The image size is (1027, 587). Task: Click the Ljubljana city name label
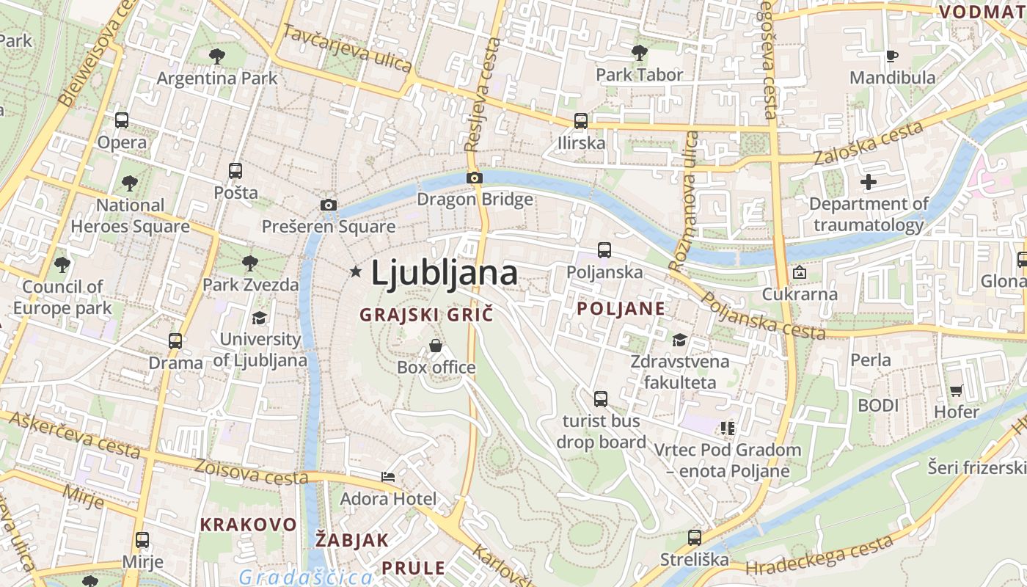445,273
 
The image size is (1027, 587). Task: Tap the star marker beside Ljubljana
356,272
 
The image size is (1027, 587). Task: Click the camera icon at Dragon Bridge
475,178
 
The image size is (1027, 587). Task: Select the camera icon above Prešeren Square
329,205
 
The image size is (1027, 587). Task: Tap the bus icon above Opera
122,120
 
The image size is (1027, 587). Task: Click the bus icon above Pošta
235,170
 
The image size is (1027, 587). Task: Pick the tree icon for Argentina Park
217,56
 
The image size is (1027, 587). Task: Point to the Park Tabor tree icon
639,52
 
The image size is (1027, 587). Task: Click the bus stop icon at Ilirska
581,120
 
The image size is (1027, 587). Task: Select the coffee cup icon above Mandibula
892,56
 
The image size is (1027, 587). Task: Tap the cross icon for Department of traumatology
869,182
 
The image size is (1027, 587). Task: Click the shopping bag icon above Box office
436,345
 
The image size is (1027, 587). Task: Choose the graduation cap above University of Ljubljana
260,318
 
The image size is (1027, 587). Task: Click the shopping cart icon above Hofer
956,390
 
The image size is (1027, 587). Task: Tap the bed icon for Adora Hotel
388,477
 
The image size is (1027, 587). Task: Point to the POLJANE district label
621,308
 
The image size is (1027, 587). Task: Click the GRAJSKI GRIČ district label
426,315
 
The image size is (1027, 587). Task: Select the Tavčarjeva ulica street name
347,48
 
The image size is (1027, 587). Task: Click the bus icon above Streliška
694,538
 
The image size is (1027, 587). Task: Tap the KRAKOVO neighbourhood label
249,525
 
